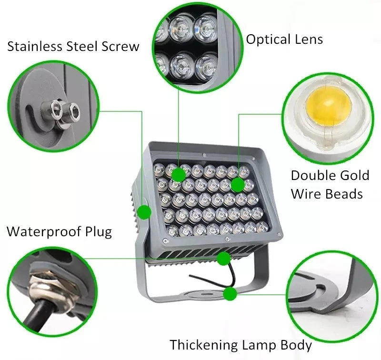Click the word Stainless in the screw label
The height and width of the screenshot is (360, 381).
coord(35,46)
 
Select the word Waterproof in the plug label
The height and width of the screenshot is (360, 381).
coord(44,231)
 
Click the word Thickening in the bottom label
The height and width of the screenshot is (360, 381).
coord(204,344)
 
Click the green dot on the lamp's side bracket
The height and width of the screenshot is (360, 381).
coord(144,212)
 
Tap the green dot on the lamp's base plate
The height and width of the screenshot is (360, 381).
coord(230,294)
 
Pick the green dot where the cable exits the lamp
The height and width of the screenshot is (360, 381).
coord(223,259)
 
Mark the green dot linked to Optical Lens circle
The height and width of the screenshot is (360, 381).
coord(179,175)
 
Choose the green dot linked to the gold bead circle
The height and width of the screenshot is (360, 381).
coord(237,185)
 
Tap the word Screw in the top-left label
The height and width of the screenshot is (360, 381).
coord(120,46)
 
